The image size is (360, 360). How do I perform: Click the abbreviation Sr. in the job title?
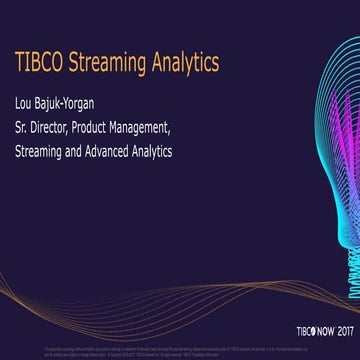tap(20, 129)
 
